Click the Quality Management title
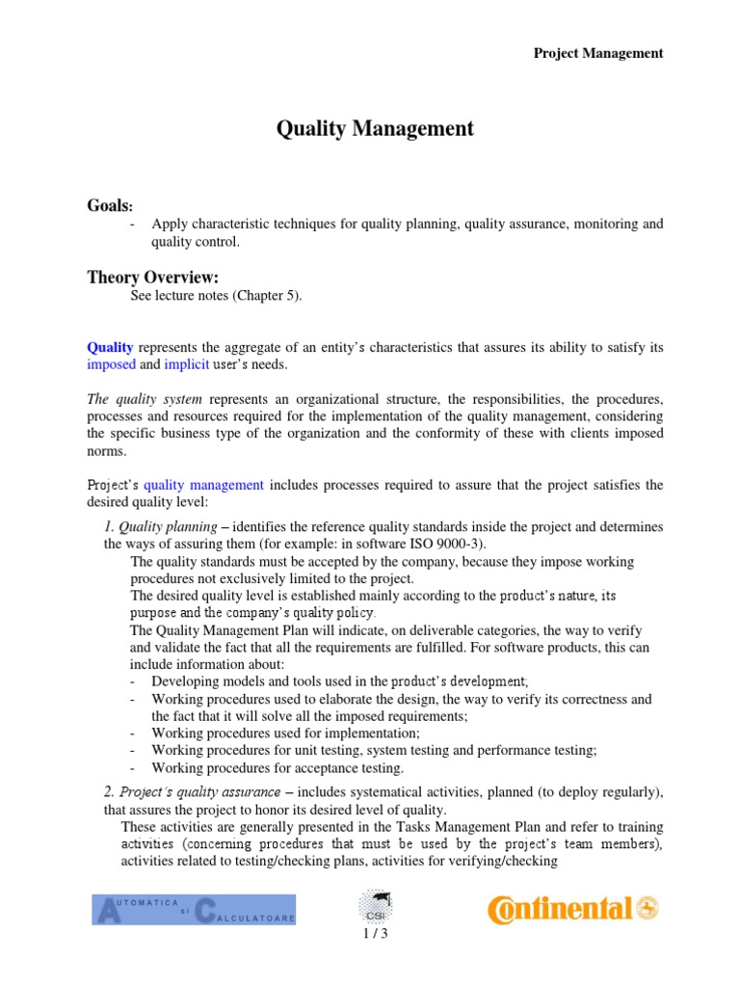click(x=375, y=128)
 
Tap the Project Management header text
click(x=598, y=53)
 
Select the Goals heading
click(x=111, y=206)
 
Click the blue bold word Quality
click(x=111, y=346)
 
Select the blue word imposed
click(x=112, y=365)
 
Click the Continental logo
click(x=572, y=908)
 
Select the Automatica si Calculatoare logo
click(x=194, y=909)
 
